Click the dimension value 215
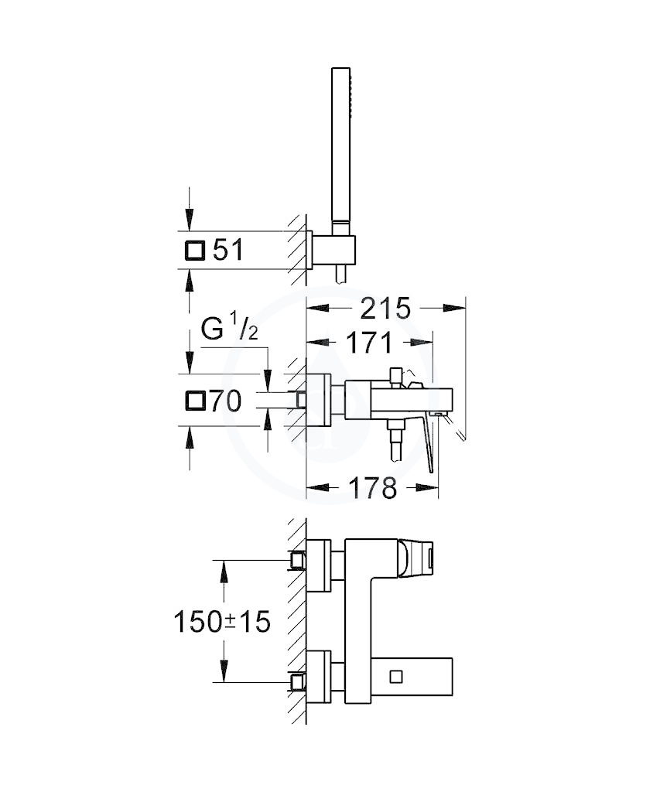click(x=385, y=308)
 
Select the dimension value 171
click(x=369, y=343)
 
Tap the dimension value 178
click(x=372, y=487)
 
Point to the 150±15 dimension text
click(x=222, y=621)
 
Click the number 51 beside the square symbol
click(x=227, y=250)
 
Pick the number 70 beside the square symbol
click(x=225, y=401)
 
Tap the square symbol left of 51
click(x=195, y=250)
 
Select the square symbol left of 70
click(x=195, y=401)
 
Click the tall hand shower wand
click(x=340, y=151)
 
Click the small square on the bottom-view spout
click(x=395, y=674)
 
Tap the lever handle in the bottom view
click(x=417, y=558)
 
